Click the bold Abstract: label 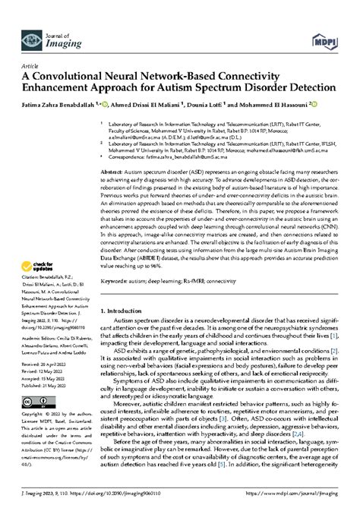123,172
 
